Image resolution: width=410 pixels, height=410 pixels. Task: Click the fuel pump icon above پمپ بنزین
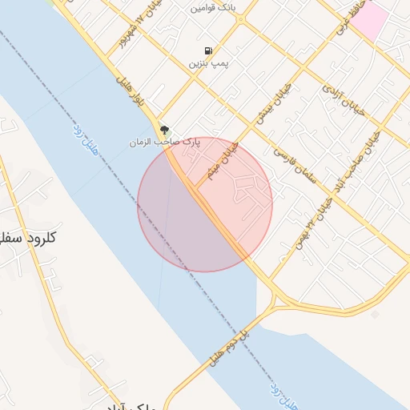point(208,50)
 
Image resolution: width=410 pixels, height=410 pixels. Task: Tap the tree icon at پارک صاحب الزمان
point(164,129)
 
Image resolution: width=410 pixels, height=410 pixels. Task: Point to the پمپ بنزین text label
point(207,62)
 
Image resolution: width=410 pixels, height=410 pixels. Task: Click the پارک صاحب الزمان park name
point(164,142)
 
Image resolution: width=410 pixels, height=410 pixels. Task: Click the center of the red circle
point(205,204)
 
